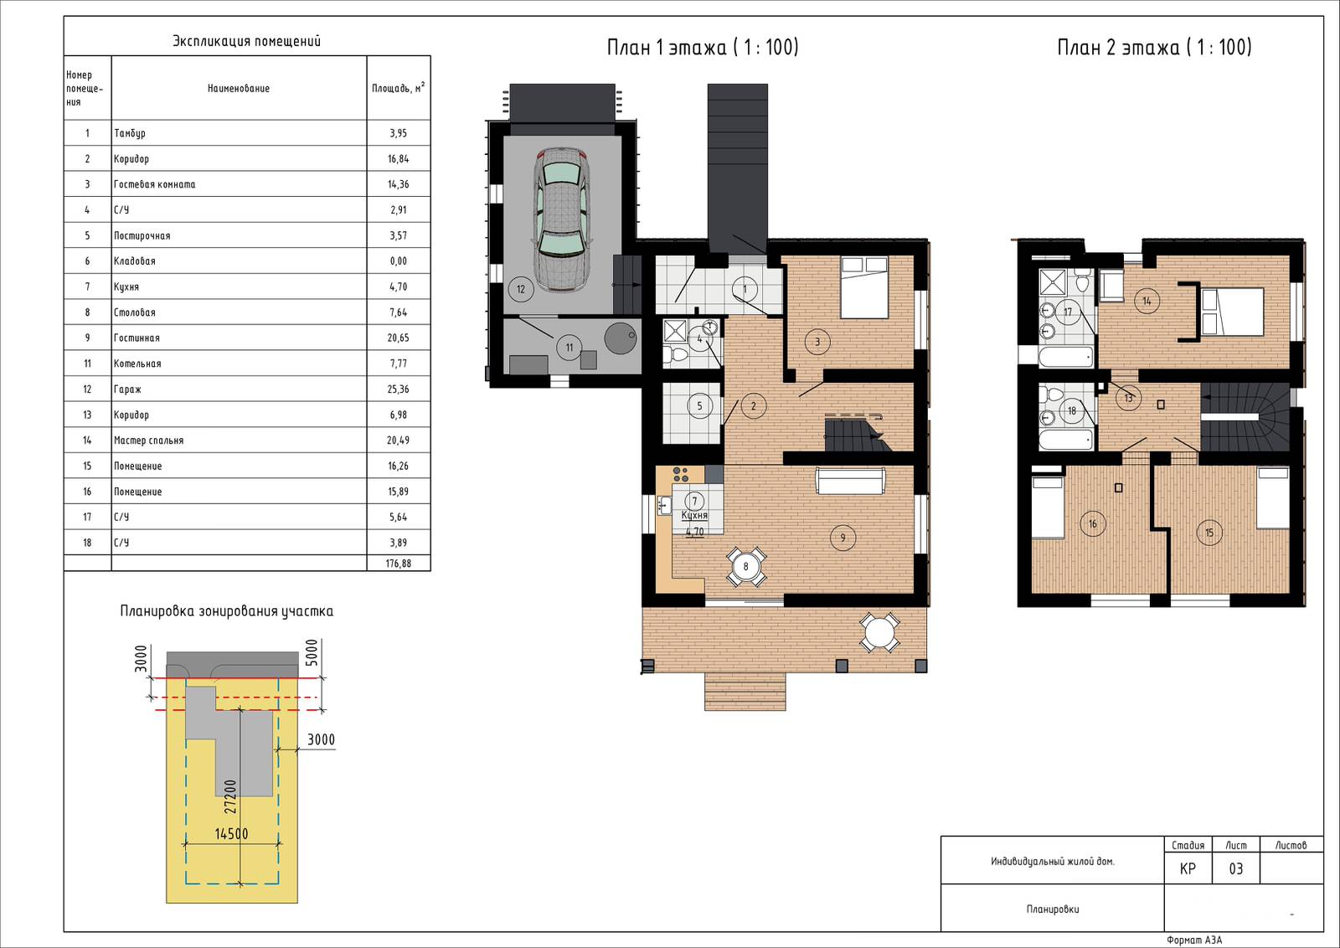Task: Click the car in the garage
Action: pos(561,220)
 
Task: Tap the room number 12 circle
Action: pos(520,290)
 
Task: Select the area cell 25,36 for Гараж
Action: pos(398,389)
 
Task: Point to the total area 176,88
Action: pos(398,563)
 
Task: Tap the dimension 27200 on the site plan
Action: pos(230,796)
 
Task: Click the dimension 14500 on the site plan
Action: pos(231,833)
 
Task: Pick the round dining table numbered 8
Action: pos(745,566)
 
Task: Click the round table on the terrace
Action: pos(879,632)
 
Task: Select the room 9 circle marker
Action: pos(843,537)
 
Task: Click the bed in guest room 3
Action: pos(863,287)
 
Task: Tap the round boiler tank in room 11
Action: pos(620,338)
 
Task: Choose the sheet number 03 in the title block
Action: pos(1235,868)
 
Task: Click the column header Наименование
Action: pos(238,89)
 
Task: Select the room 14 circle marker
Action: pos(1147,301)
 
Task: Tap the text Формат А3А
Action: pos(1194,940)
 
